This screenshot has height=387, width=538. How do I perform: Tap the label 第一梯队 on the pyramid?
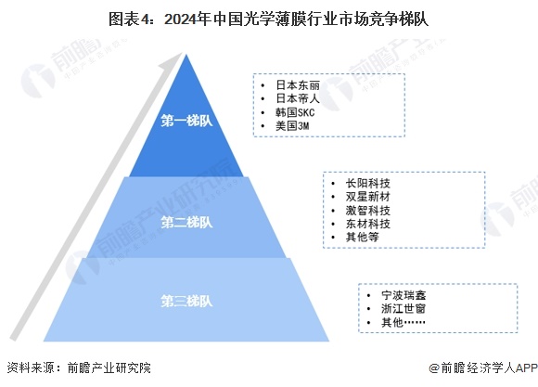[x=186, y=121]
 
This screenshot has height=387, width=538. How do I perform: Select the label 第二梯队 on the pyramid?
[x=186, y=222]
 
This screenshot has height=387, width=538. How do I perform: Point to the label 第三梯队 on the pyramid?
[x=186, y=301]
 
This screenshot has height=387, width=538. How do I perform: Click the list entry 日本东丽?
[x=298, y=85]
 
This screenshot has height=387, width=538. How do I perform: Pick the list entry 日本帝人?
[x=298, y=98]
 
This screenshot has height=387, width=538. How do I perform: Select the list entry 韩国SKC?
[x=295, y=112]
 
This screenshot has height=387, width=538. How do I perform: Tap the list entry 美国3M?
[x=292, y=125]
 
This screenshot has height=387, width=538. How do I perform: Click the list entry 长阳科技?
[x=368, y=184]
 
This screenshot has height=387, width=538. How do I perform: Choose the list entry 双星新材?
[x=368, y=197]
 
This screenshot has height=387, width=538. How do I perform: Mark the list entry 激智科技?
[x=368, y=210]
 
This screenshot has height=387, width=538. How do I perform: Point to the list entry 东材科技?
[x=368, y=224]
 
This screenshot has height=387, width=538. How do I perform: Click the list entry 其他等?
[x=363, y=237]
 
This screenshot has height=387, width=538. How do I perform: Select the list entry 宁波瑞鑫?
[x=403, y=295]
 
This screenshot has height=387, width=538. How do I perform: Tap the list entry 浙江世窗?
[x=403, y=309]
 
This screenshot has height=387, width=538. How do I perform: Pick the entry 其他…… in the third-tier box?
[x=403, y=322]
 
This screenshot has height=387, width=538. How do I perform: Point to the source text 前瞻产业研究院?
[x=109, y=368]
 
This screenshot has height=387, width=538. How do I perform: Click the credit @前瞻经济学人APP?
[x=483, y=368]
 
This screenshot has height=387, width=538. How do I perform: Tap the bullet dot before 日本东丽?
[x=263, y=85]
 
